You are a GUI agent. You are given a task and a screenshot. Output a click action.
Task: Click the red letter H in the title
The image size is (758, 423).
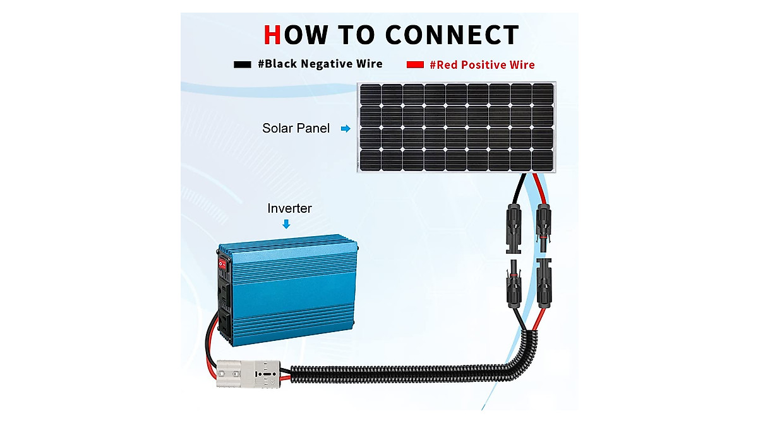[x=272, y=34]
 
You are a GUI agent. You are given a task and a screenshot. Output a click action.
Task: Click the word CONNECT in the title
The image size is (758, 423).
[x=452, y=34]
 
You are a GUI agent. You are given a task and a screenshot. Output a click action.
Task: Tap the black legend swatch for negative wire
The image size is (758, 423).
[x=243, y=64]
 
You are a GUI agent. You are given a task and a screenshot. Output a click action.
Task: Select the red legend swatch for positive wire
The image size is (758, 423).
[x=415, y=64]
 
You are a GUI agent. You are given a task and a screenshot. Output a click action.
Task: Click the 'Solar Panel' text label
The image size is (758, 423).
[x=296, y=128]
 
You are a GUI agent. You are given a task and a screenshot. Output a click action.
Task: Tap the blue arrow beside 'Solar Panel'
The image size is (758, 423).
[x=345, y=128]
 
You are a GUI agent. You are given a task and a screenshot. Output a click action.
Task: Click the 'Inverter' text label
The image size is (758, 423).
[x=289, y=208]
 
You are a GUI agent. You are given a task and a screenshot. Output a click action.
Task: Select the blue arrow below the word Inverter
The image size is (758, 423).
[x=286, y=223]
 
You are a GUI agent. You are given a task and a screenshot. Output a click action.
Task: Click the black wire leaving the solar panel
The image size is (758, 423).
[x=519, y=187]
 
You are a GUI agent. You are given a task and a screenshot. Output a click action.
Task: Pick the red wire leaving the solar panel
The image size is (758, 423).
[x=539, y=187]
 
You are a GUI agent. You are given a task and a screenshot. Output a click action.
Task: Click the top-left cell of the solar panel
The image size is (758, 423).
[x=371, y=95]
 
